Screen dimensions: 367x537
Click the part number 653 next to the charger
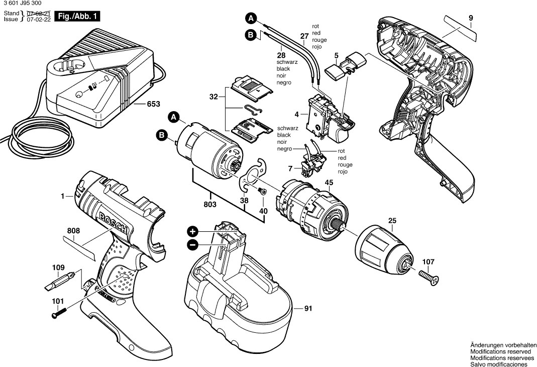(153, 104)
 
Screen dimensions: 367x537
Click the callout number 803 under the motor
(210, 205)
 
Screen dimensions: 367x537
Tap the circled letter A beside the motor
(174, 117)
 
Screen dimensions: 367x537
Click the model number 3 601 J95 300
(23, 5)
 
